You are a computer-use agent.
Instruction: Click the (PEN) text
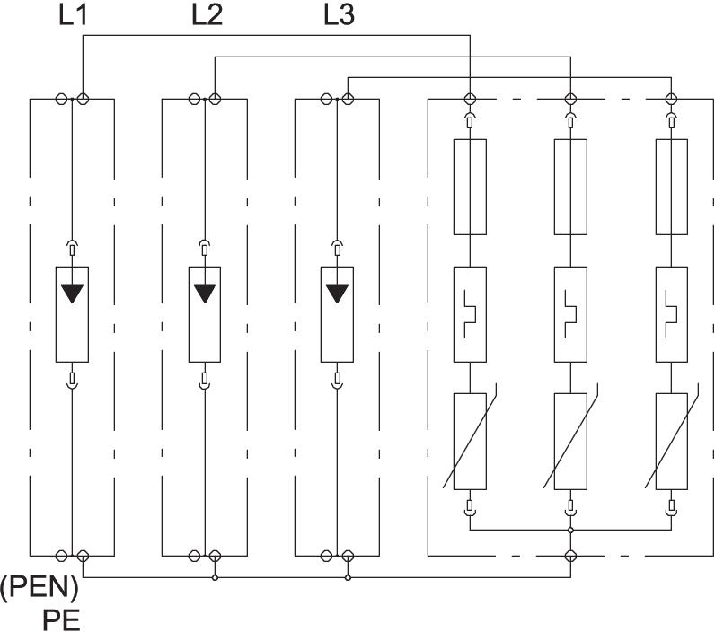(x=40, y=591)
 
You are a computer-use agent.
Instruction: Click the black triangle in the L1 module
(x=73, y=293)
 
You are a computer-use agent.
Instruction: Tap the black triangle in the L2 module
(x=206, y=293)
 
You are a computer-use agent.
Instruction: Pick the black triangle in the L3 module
(x=338, y=293)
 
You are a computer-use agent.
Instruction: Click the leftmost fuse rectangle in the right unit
(x=470, y=187)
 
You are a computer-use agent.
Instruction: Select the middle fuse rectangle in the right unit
(x=569, y=187)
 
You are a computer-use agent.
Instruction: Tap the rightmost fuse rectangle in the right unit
(x=669, y=187)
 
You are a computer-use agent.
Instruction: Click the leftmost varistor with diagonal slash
(x=470, y=440)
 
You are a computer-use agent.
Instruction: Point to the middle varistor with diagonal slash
(x=569, y=440)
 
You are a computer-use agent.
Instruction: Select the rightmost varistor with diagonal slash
(x=669, y=440)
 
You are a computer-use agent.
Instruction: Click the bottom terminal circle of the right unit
(x=569, y=557)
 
